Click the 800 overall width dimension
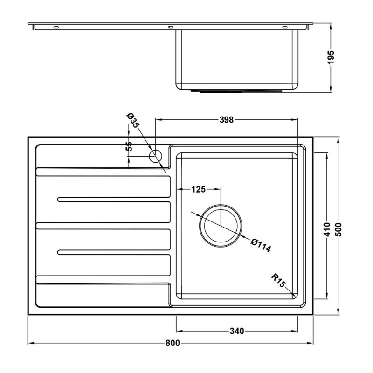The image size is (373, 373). click(x=172, y=344)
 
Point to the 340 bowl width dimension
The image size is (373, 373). click(x=237, y=332)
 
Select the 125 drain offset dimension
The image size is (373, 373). click(x=198, y=189)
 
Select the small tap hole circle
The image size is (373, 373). click(x=155, y=156)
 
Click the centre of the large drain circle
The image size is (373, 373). click(x=221, y=225)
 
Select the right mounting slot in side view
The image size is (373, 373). click(x=284, y=27)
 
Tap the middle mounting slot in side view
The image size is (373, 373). click(x=170, y=27)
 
